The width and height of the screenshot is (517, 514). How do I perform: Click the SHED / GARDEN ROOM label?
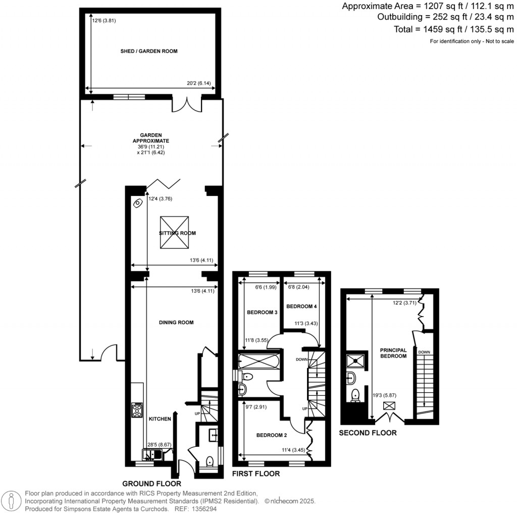coord(149,51)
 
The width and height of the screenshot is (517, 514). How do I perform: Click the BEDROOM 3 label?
coord(262,313)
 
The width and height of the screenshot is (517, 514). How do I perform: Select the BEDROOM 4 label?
coord(302,306)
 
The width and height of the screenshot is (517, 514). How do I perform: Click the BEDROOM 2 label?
coord(271,435)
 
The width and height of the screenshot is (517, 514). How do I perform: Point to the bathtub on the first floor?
coord(257,361)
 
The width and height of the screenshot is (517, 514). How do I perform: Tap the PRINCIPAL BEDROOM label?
coord(393,353)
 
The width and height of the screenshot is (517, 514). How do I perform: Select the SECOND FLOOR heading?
coord(368,433)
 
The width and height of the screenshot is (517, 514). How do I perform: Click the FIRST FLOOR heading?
coord(255,474)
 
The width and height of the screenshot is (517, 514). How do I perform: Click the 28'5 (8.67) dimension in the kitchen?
coord(160,445)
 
